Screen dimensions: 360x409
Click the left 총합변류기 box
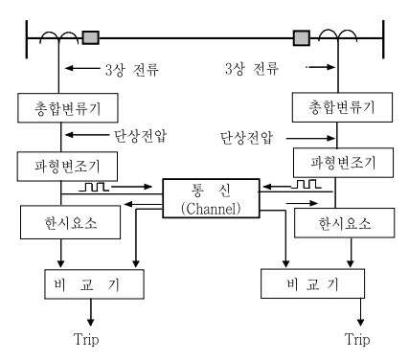pyautogui.click(x=64, y=107)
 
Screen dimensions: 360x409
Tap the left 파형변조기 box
pyautogui.click(x=64, y=167)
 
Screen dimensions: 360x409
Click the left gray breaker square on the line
pyautogui.click(x=91, y=38)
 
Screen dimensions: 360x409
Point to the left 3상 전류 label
pyautogui.click(x=129, y=70)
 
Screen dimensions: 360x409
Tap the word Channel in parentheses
pyautogui.click(x=201, y=210)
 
